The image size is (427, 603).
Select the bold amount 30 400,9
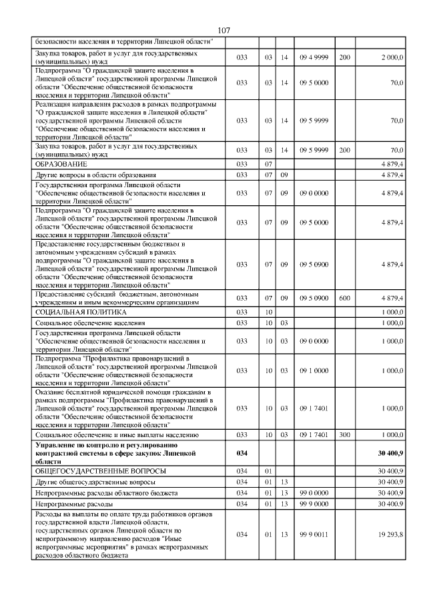[x=390, y=452]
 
